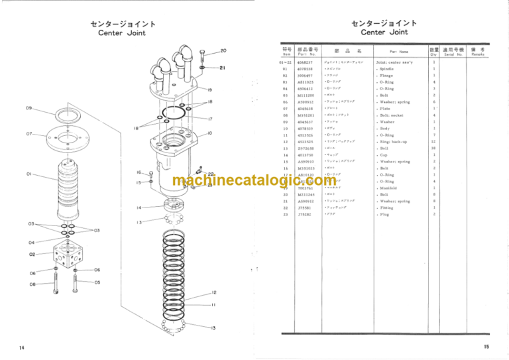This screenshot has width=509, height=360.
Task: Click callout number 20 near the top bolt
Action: click(223, 51)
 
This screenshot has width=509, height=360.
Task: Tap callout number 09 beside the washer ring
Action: click(29, 108)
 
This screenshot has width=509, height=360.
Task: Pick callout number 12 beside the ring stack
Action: click(214, 292)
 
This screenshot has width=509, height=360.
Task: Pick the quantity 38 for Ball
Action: click(434, 149)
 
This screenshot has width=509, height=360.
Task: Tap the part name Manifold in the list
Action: click(387, 188)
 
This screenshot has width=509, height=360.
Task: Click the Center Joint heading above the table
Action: click(384, 32)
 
